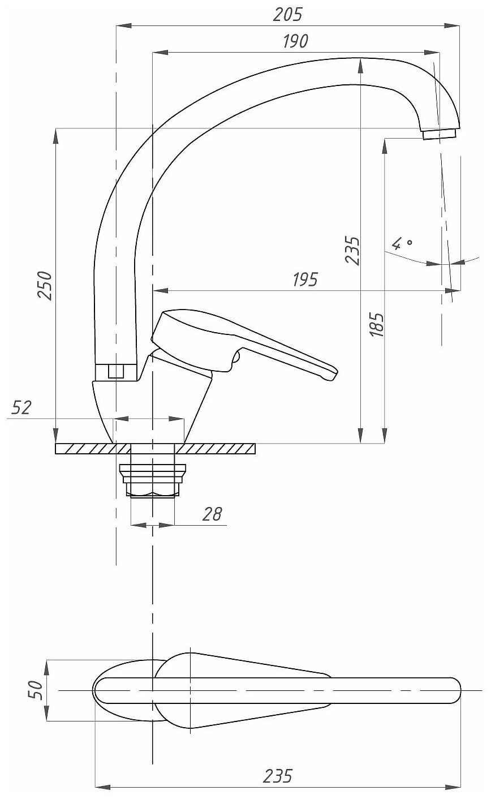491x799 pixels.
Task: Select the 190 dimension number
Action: (294, 41)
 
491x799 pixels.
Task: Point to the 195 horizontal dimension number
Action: (306, 279)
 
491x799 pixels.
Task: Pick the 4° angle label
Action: (402, 244)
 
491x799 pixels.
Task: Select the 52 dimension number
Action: (21, 407)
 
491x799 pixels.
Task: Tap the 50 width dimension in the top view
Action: (36, 691)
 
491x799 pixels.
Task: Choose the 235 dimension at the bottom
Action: (277, 776)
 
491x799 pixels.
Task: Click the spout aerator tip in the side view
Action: (439, 134)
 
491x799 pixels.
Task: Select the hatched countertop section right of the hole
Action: (215, 449)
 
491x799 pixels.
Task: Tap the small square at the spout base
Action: (115, 371)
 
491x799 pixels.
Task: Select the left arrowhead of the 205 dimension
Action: (120, 25)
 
